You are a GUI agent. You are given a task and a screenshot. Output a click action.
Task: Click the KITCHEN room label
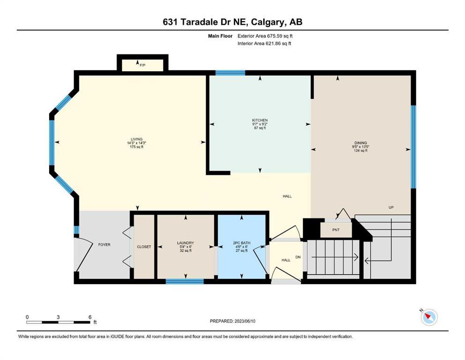(260, 120)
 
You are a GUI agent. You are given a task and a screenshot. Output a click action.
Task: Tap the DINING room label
(361, 143)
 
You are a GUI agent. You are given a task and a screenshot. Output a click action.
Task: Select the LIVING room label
(137, 139)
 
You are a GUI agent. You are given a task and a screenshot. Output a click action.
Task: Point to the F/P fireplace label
(143, 65)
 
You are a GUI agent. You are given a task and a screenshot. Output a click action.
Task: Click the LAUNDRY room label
(185, 243)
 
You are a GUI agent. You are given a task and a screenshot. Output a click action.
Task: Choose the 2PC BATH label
(242, 243)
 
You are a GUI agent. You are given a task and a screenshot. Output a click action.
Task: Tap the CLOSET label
(144, 247)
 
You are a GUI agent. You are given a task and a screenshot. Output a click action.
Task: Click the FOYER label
(104, 245)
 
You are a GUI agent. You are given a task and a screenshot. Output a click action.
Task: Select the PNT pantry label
(336, 230)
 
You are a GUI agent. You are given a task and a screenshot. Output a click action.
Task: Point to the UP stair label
(391, 208)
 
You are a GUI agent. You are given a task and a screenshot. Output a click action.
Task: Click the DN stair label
(298, 257)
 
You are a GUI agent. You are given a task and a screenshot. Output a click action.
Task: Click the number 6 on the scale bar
(90, 317)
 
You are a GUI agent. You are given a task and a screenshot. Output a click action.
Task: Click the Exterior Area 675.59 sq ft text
(265, 36)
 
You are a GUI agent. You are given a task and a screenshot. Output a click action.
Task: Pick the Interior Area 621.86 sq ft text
(264, 43)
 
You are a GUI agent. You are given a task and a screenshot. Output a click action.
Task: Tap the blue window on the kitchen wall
(230, 73)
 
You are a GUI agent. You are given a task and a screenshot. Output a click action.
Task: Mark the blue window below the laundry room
(185, 281)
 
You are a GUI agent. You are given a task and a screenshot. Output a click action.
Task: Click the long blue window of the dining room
(413, 147)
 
